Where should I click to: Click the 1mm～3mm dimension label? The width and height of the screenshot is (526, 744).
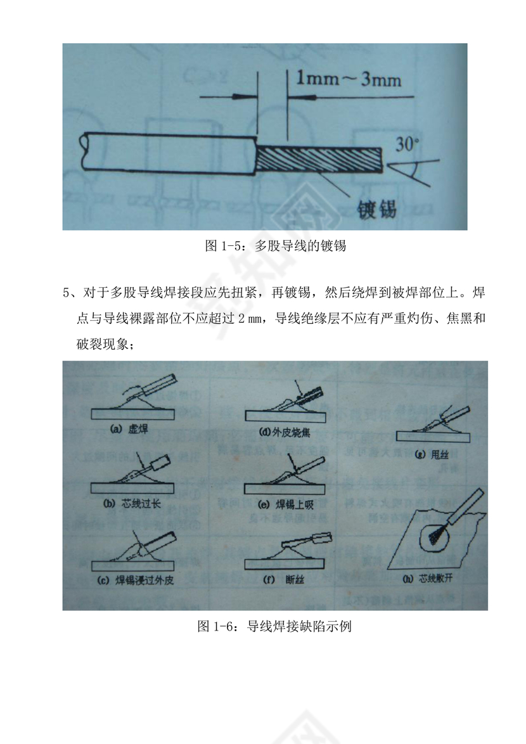pyautogui.click(x=349, y=80)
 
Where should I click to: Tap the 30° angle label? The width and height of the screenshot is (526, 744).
pyautogui.click(x=407, y=144)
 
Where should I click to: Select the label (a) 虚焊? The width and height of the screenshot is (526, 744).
pyautogui.click(x=129, y=429)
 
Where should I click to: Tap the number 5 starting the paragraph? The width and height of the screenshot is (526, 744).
pyautogui.click(x=66, y=293)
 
